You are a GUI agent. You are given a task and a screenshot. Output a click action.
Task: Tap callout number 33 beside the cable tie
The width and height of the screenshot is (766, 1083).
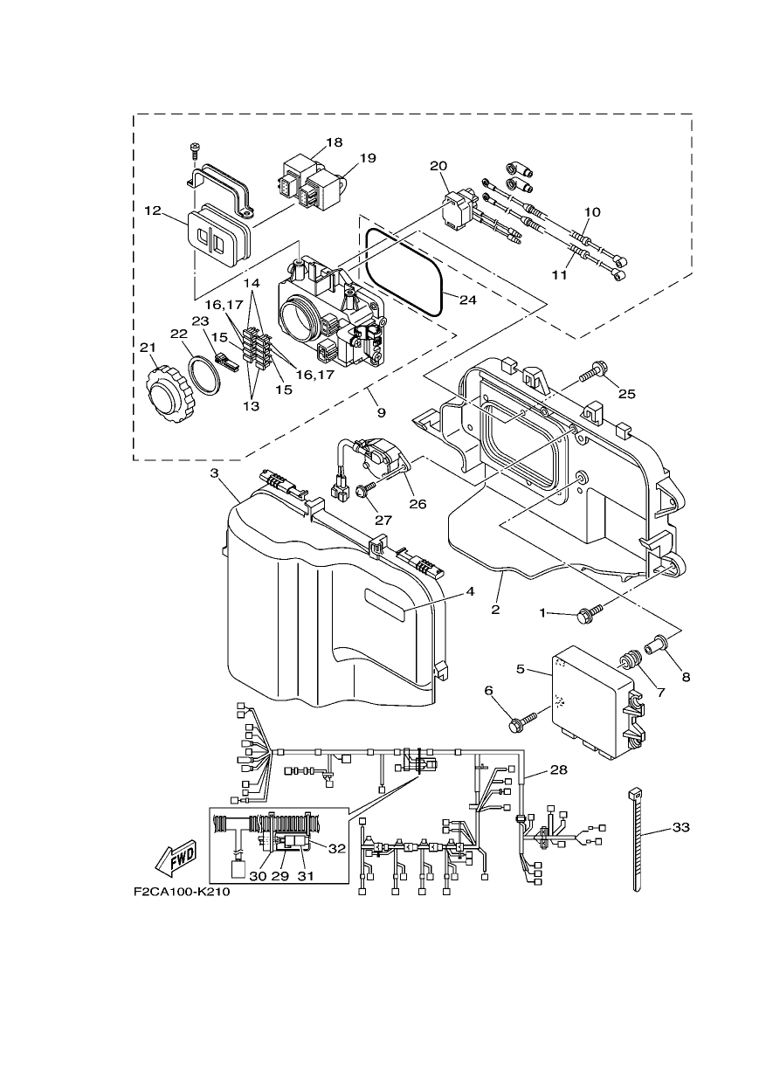click(681, 827)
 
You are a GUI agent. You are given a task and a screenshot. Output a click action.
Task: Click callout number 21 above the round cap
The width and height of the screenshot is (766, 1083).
click(148, 348)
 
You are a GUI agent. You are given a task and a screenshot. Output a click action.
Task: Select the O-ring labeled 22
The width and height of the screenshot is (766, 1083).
click(204, 376)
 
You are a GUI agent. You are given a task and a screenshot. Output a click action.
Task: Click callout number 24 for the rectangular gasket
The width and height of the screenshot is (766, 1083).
click(467, 300)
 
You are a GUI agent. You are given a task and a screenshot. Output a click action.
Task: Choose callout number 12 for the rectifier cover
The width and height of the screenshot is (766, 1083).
click(152, 210)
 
